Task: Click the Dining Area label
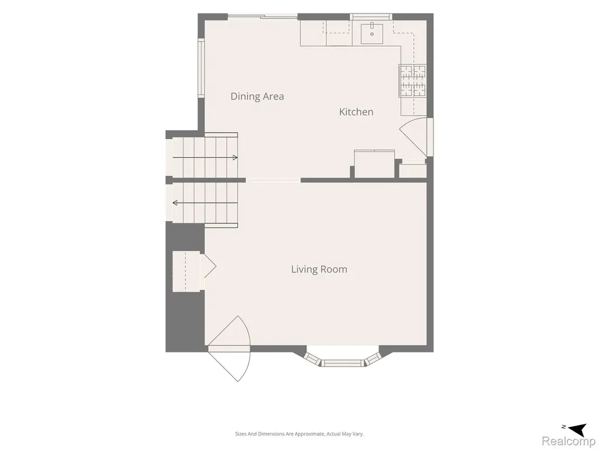tap(257, 96)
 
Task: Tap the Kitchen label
tap(356, 112)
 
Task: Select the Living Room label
tap(319, 269)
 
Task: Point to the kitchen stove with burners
tap(412, 81)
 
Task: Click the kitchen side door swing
tap(416, 137)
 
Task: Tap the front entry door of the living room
tap(229, 348)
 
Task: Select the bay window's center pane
tap(342, 362)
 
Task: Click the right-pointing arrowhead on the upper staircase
tap(235, 158)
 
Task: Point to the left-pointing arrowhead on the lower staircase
tap(175, 203)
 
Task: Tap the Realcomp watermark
tap(568, 441)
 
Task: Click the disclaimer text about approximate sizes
tap(299, 434)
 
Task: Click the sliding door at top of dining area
tap(263, 16)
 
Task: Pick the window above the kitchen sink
tap(371, 16)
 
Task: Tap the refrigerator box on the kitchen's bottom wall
tap(374, 164)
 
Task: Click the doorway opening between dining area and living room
tap(273, 181)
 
